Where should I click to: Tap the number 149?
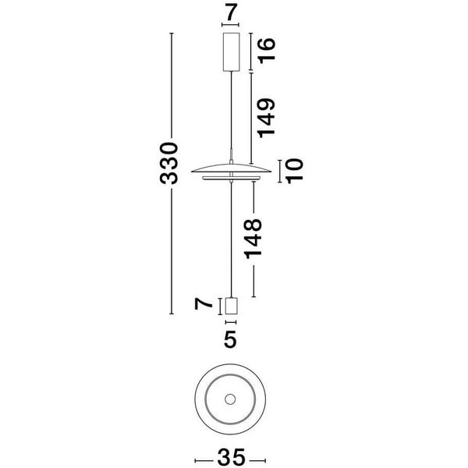(268, 117)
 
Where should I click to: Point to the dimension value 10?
(294, 169)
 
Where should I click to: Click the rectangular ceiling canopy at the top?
(231, 51)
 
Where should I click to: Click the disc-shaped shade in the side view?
(231, 169)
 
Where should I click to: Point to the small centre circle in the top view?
(230, 399)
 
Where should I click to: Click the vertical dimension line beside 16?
(250, 51)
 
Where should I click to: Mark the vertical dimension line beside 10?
(278, 169)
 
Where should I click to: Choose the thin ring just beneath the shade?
(231, 179)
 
